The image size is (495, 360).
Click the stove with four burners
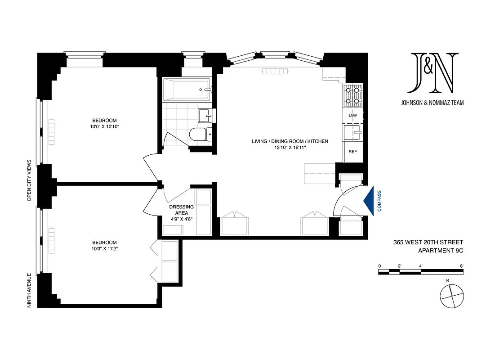pyautogui.click(x=353, y=96)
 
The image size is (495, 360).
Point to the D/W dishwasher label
pyautogui.click(x=353, y=116)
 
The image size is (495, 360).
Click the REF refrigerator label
pyautogui.click(x=353, y=152)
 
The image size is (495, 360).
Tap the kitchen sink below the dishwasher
pyautogui.click(x=353, y=133)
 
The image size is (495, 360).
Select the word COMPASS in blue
pyautogui.click(x=379, y=200)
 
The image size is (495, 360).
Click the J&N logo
pyautogui.click(x=432, y=72)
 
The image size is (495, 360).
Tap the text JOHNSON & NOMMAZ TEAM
pyautogui.click(x=432, y=103)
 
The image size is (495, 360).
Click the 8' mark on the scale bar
pyautogui.click(x=461, y=266)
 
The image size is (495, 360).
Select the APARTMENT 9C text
pyautogui.click(x=441, y=251)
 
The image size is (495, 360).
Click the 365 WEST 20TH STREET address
pyautogui.click(x=428, y=242)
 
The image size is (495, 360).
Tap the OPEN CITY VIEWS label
pyautogui.click(x=29, y=180)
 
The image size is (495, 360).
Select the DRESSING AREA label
pyautogui.click(x=182, y=210)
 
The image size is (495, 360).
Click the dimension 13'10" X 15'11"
pyautogui.click(x=290, y=148)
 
